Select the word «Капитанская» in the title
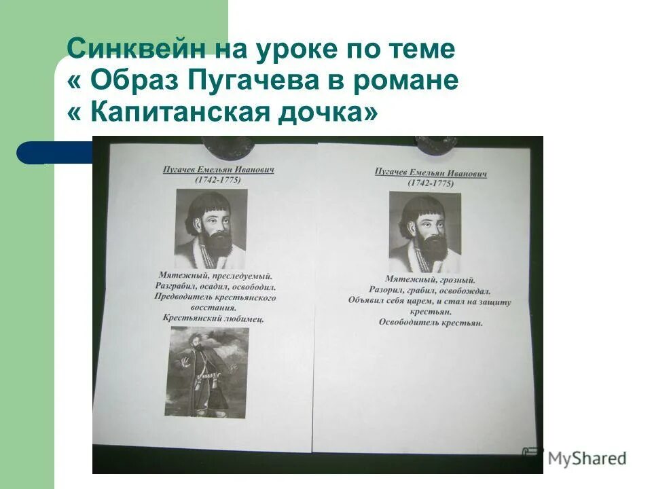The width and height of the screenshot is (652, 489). click(181, 112)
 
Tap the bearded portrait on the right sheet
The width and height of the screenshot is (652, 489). click(425, 232)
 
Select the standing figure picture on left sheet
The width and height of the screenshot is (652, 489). click(206, 372)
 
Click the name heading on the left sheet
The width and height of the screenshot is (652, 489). click(217, 168)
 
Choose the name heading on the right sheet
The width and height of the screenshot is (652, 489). click(431, 173)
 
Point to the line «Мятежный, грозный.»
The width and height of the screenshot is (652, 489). click(430, 279)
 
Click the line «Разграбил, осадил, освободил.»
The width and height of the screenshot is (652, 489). click(215, 287)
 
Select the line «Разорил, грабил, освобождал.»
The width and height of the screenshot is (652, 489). click(430, 290)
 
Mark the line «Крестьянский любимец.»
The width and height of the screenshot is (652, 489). click(213, 318)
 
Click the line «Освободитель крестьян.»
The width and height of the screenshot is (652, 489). click(431, 323)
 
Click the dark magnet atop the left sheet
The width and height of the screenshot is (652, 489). click(229, 143)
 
